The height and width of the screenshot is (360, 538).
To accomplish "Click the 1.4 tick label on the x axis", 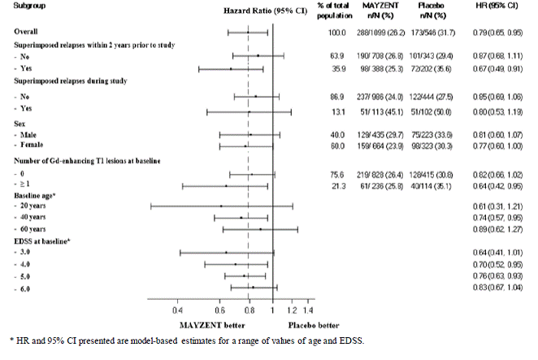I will click(x=308, y=310).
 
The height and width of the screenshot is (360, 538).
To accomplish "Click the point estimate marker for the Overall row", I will click(x=249, y=33).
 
